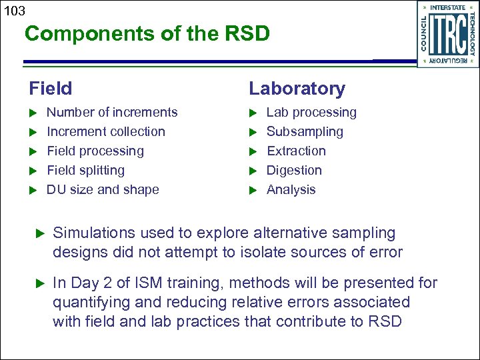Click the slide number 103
13,10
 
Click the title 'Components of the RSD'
147,34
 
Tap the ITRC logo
447,34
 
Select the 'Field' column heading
51,88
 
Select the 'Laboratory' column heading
297,88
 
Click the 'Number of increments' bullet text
112,112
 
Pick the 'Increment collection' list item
105,131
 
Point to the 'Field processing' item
95,151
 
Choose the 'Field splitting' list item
85,170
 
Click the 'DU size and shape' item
103,189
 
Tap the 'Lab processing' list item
311,112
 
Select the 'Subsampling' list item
305,131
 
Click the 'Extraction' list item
296,151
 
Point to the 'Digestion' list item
294,170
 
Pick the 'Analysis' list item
291,189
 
